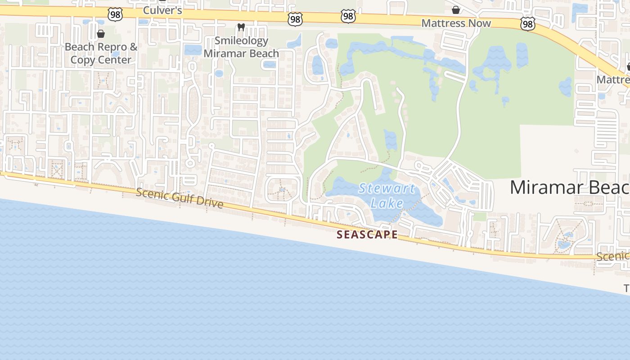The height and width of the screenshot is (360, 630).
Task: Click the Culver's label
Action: [162, 10]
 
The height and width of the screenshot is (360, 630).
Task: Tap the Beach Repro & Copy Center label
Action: [101, 53]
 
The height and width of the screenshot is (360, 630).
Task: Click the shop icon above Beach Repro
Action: [101, 34]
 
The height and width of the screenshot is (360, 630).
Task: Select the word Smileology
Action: [241, 40]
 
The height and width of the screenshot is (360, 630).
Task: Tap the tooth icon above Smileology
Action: [241, 27]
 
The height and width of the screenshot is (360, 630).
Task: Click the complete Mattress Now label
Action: [456, 23]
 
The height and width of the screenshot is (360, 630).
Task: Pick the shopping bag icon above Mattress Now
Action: [456, 10]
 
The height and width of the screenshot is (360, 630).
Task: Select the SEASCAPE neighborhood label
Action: [367, 234]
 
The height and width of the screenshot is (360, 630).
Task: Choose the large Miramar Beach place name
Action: [569, 187]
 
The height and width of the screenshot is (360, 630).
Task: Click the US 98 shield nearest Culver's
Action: [115, 14]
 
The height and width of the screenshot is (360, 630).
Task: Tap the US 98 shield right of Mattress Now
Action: [528, 23]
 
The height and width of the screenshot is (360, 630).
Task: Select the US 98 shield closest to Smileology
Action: [295, 19]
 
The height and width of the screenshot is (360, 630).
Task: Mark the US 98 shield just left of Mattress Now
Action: [348, 17]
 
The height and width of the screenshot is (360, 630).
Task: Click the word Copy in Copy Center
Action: [85, 60]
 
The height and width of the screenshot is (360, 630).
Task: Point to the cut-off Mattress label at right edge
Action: [613, 80]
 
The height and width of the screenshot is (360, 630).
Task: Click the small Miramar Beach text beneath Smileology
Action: [241, 53]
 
